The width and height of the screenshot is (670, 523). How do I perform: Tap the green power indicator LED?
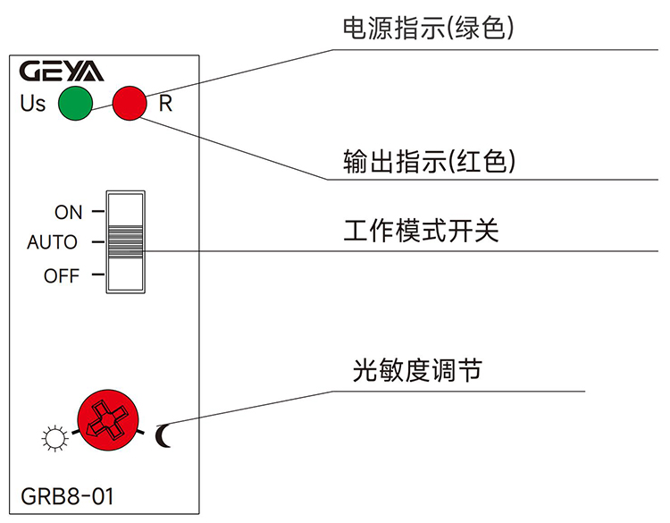click(x=76, y=103)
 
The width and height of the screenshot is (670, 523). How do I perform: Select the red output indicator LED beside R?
click(x=130, y=103)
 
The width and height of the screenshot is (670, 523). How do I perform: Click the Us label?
click(x=32, y=104)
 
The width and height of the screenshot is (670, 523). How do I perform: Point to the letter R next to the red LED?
click(x=165, y=104)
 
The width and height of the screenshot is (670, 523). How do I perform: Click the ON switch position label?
click(x=68, y=213)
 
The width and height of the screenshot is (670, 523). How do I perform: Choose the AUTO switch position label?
click(x=52, y=242)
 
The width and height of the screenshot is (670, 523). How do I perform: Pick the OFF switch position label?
click(x=62, y=276)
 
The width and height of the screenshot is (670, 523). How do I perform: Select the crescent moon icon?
click(x=163, y=435)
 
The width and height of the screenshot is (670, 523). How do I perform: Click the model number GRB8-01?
click(x=67, y=496)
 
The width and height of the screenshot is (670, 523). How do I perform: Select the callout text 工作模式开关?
click(x=421, y=232)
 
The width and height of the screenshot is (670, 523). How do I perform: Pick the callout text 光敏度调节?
click(x=417, y=369)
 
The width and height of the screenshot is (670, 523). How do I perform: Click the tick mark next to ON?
click(x=97, y=213)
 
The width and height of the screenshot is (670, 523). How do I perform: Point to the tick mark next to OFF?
click(x=97, y=275)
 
